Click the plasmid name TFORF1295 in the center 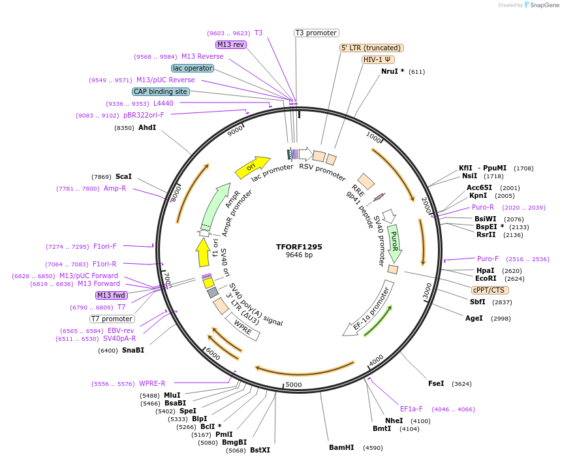299,247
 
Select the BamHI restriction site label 341,447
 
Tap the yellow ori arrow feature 253,167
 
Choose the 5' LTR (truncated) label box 371,48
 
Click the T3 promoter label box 316,33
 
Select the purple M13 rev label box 230,44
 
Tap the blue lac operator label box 193,68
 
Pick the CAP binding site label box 161,91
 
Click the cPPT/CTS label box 490,290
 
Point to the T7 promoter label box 112,319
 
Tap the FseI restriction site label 435,383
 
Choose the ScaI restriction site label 123,176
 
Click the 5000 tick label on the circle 294,385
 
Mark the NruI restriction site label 392,71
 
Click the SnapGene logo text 544,5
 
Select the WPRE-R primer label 152,383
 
